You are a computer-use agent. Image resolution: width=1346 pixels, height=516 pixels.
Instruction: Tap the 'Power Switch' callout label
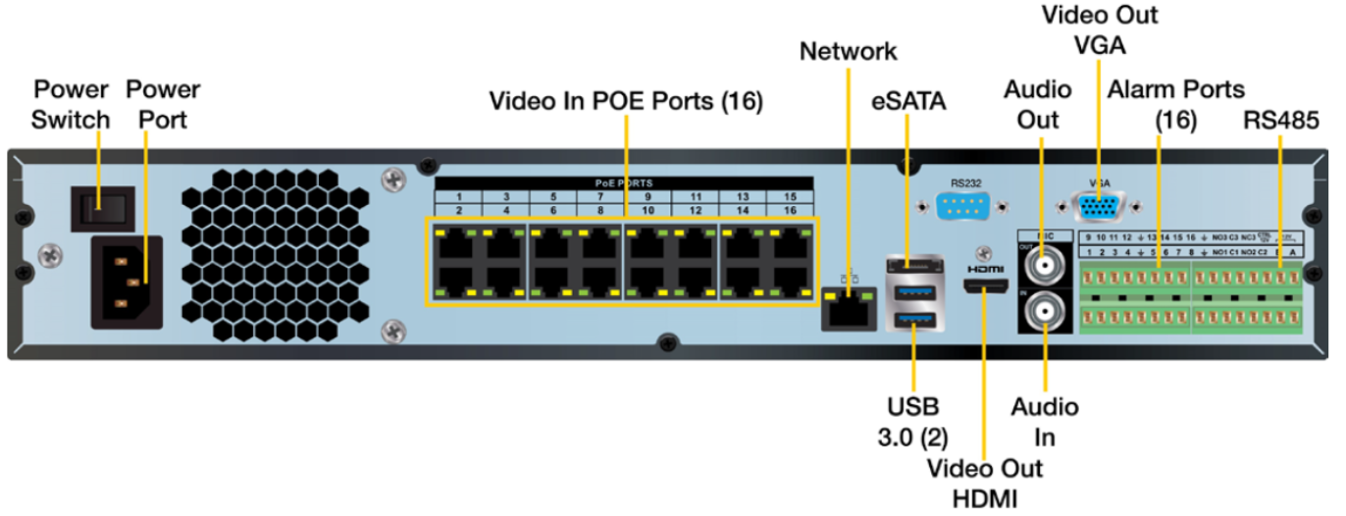pyautogui.click(x=71, y=104)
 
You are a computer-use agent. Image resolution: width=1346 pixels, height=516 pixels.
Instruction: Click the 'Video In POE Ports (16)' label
pyautogui.click(x=625, y=101)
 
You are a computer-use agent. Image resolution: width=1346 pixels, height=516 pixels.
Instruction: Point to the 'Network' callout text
pyautogui.click(x=848, y=51)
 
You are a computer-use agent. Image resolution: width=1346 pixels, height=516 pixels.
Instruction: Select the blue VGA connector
pyautogui.click(x=1098, y=208)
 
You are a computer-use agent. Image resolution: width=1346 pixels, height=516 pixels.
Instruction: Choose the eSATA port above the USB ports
pyautogui.click(x=913, y=263)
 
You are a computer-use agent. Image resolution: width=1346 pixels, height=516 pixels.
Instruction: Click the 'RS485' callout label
pyautogui.click(x=1281, y=120)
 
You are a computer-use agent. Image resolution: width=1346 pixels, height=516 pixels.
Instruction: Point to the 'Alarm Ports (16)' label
pyautogui.click(x=1175, y=104)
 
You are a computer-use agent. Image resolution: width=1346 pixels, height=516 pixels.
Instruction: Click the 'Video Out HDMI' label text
pyautogui.click(x=984, y=482)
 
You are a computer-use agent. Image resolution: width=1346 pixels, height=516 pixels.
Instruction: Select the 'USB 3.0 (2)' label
pyautogui.click(x=913, y=420)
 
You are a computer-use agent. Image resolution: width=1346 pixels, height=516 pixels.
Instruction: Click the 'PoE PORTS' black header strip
pyautogui.click(x=624, y=182)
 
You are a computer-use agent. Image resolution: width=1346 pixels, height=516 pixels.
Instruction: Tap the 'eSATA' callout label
pyautogui.click(x=907, y=101)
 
